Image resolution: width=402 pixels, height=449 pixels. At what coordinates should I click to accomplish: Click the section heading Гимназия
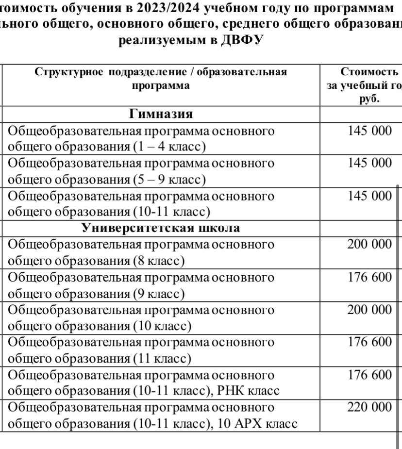point(161,115)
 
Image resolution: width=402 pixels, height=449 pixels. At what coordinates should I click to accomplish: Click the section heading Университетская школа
point(162,228)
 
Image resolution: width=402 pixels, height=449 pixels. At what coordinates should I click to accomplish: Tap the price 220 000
point(369,407)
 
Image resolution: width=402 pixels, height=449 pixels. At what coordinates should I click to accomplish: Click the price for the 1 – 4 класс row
point(369,131)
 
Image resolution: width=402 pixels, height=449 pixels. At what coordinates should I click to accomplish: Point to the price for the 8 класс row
point(369,245)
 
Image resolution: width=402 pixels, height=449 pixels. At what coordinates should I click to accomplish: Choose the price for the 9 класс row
point(369,277)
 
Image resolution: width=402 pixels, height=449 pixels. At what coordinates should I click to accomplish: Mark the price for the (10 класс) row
point(369,310)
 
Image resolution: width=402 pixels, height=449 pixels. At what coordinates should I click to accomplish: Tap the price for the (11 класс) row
point(369,342)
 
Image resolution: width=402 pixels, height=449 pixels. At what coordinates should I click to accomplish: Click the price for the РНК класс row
point(369,375)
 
